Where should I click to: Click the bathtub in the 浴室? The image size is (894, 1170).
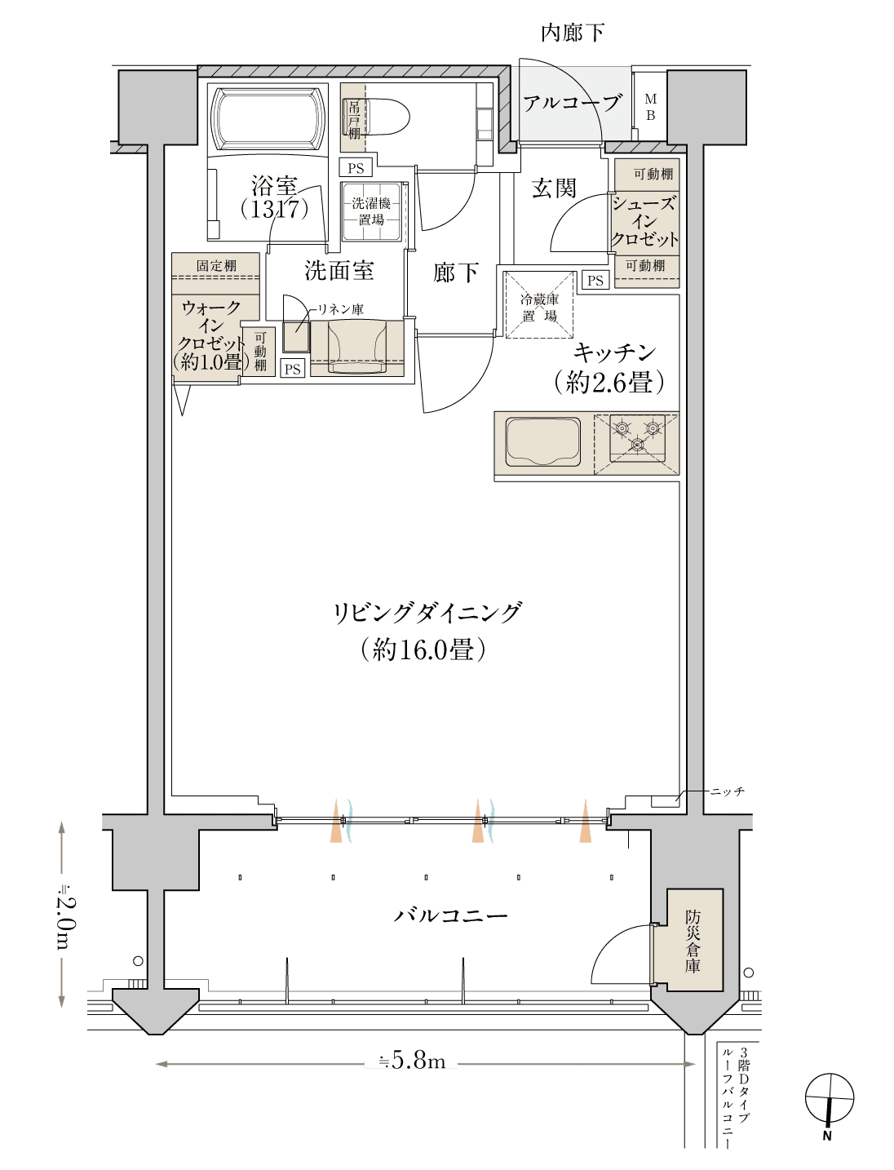pos(268,119)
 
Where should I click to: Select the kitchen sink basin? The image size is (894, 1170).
pos(543,442)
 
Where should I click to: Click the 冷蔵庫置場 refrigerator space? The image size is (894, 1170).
pos(539,305)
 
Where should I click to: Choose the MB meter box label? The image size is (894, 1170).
pos(650,107)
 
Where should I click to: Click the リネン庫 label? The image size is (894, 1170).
pos(340,310)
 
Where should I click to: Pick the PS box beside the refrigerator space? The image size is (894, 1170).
pos(595,281)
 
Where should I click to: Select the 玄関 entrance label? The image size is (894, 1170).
pos(554,188)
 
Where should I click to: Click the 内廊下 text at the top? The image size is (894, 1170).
pos(573,33)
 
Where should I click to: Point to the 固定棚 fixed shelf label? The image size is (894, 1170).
pos(216,265)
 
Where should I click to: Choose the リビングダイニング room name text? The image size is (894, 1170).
pos(427,613)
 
